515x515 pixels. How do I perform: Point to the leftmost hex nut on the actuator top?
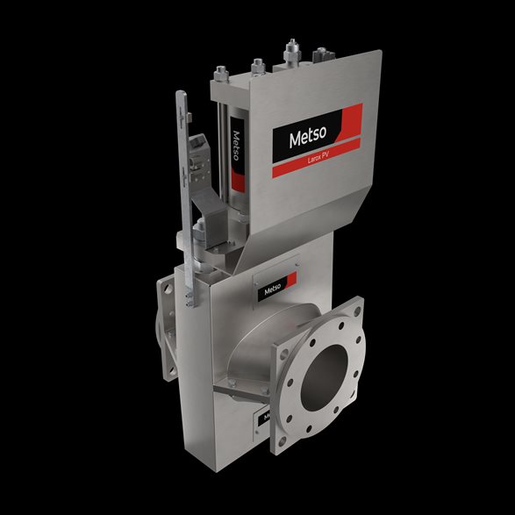pyautogui.click(x=222, y=75)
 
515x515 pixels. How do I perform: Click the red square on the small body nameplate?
pyautogui.click(x=291, y=283)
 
